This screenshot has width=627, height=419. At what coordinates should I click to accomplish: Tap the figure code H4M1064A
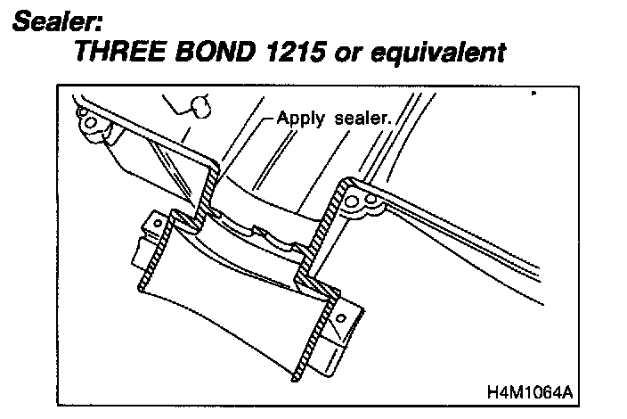[x=529, y=390]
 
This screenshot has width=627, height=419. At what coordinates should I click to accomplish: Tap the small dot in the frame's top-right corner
[x=532, y=93]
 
